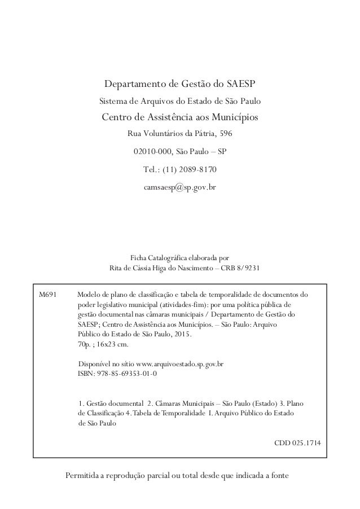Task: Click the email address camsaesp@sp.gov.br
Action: point(180,186)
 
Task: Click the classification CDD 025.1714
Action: point(299,443)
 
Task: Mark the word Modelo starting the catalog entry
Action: point(88,295)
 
